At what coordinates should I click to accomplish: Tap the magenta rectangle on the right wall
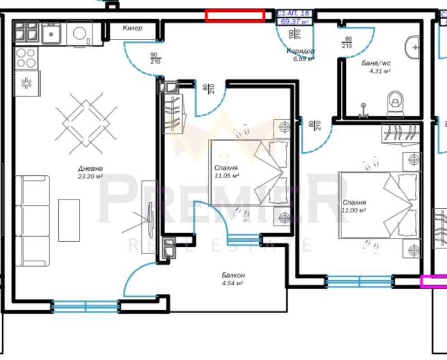pos(433,282)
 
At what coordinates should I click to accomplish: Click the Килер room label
pos(132,28)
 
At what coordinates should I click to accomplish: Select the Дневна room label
pos(91,168)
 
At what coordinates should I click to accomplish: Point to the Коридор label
pos(301,51)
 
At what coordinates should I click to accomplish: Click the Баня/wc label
pos(375,63)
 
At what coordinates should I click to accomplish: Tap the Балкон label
pos(233,276)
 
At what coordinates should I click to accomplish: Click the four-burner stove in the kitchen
pos(26,57)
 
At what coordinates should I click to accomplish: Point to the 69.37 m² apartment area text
pos(296,21)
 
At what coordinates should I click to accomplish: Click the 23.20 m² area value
pos(91,176)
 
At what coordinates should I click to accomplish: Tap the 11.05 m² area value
pos(226,175)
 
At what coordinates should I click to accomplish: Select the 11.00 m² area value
pos(354,210)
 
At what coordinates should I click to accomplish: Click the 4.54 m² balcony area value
pos(232,284)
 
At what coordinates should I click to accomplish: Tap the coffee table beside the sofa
pos(69,220)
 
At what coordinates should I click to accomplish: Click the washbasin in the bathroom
pos(414,47)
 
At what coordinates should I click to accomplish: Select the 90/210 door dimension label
pos(155,58)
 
